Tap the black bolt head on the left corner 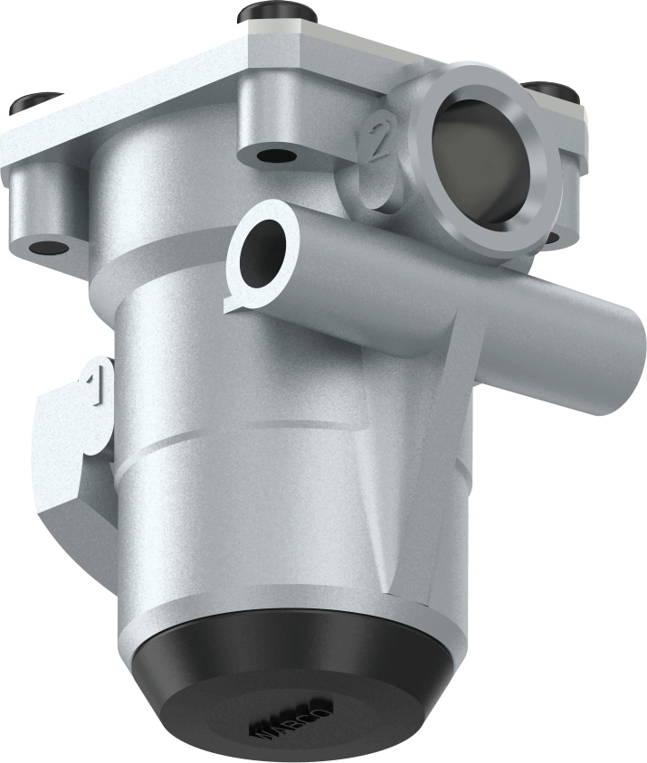point(34,103)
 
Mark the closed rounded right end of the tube point(624,362)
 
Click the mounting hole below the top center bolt point(276,155)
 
